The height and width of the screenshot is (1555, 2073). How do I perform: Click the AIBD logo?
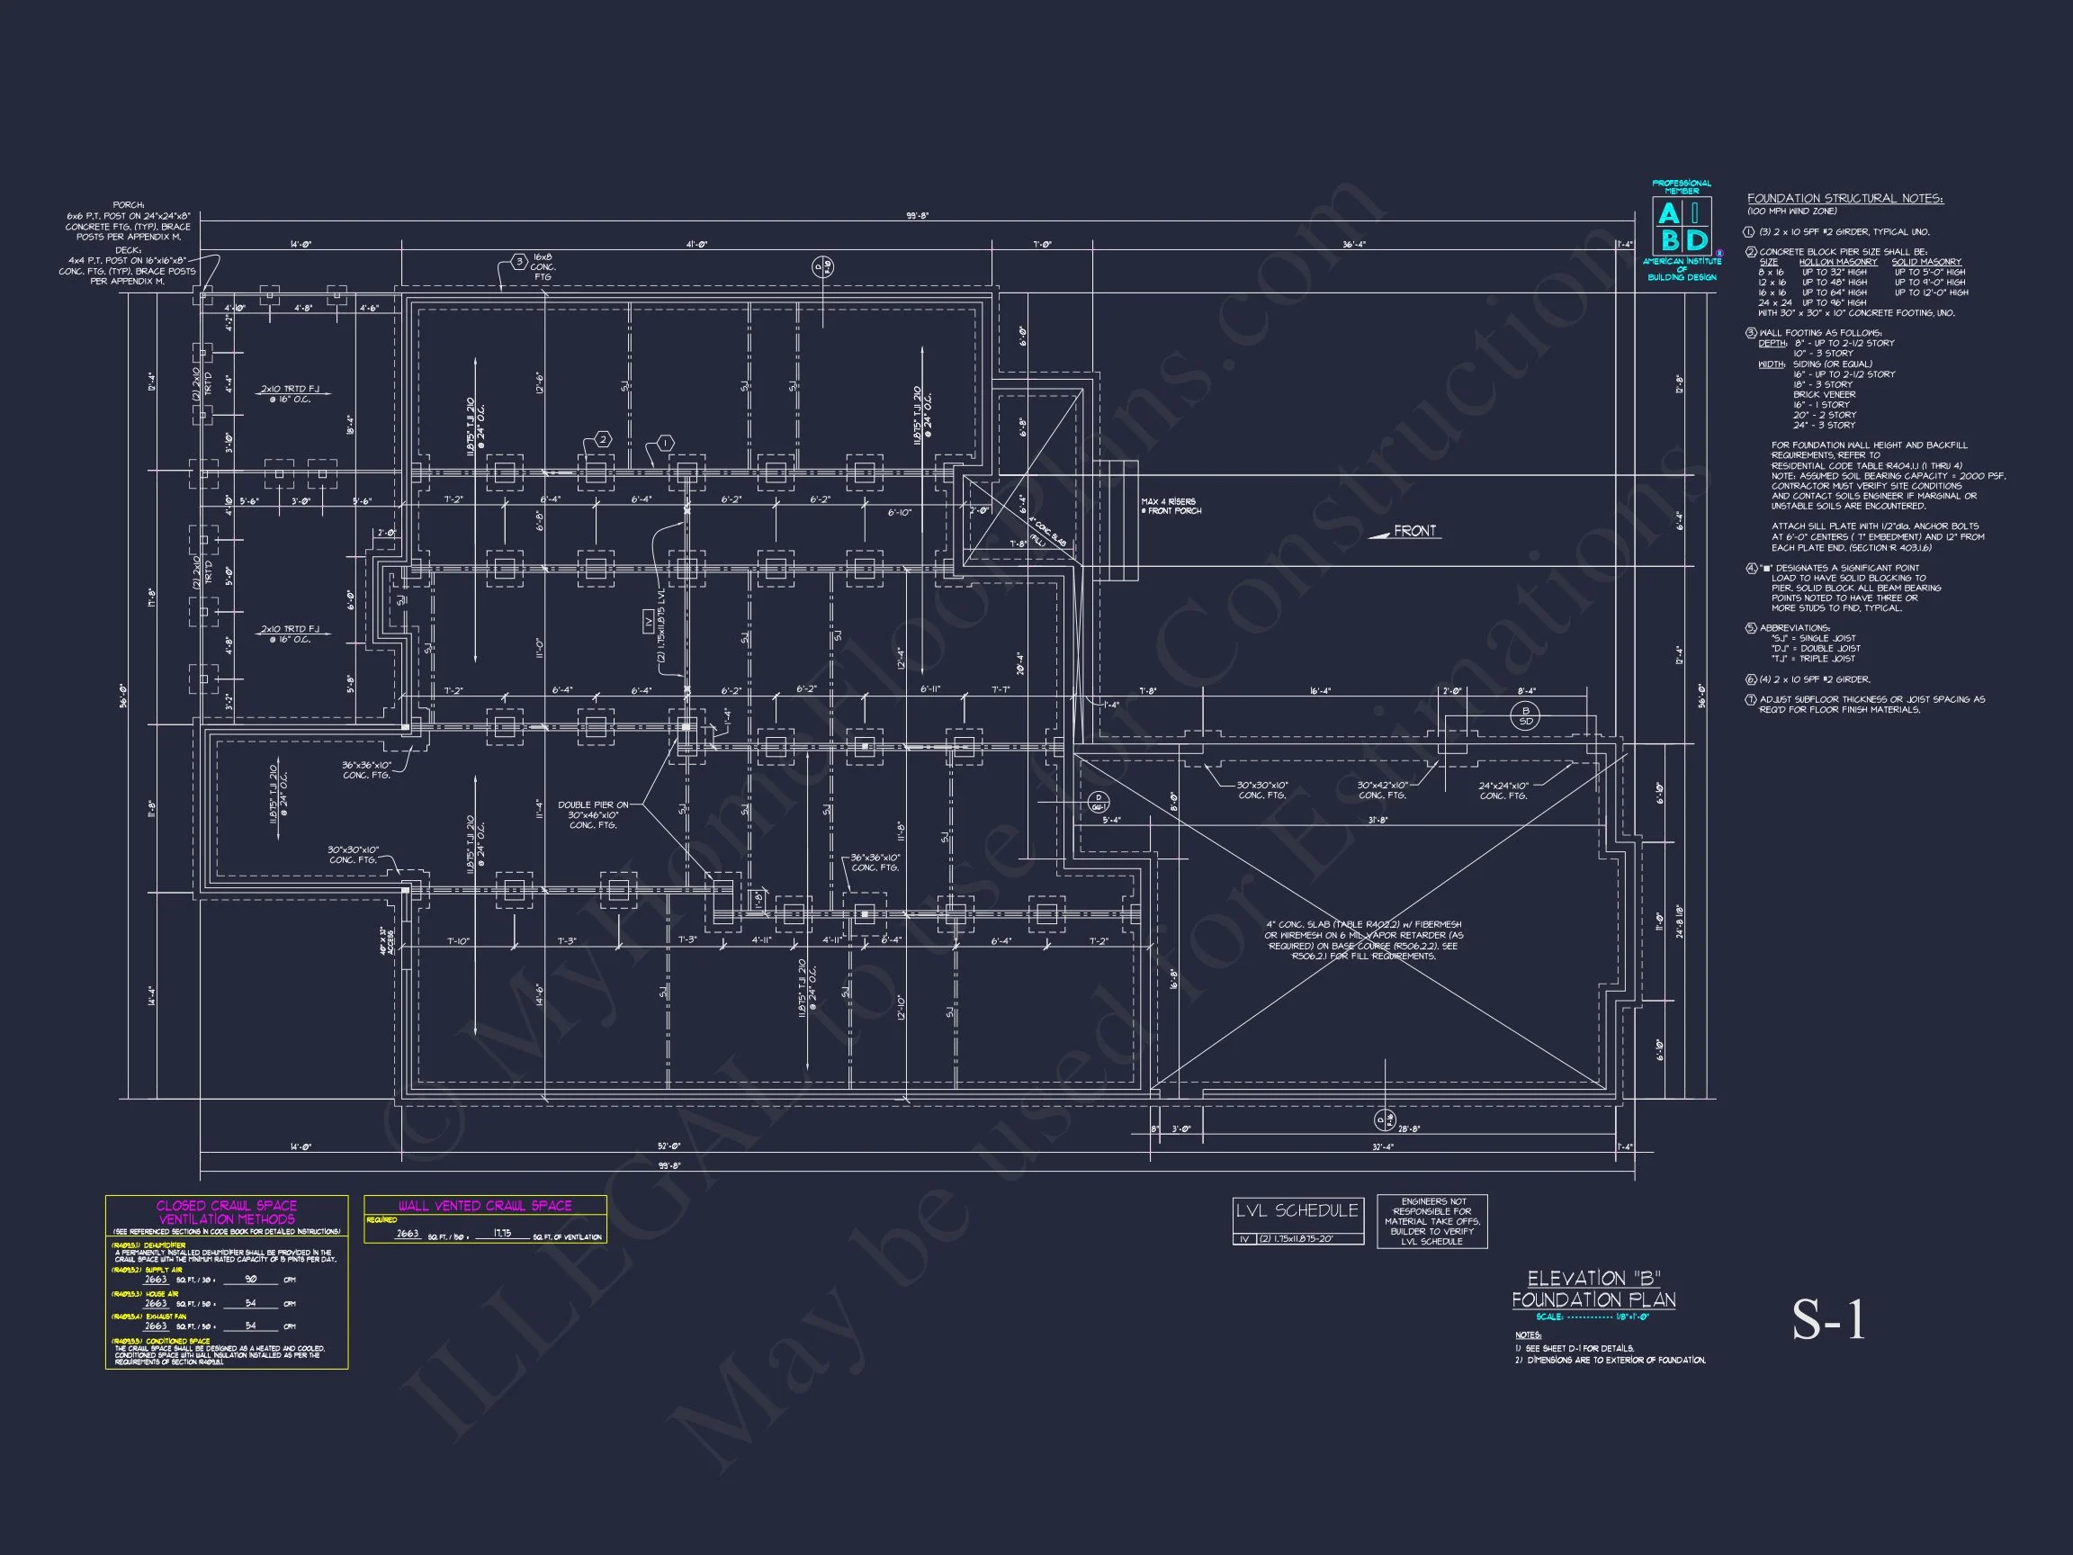[x=1683, y=227]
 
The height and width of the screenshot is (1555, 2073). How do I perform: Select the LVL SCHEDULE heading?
[x=1297, y=1211]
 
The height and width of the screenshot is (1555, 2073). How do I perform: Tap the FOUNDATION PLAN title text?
[x=1593, y=1300]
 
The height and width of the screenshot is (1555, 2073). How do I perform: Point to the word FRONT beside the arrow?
[x=1414, y=532]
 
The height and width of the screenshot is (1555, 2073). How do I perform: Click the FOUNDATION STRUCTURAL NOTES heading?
[x=1845, y=199]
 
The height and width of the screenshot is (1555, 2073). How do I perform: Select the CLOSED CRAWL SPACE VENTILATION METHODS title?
[x=226, y=1212]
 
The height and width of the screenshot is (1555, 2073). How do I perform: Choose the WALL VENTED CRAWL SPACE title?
[x=485, y=1205]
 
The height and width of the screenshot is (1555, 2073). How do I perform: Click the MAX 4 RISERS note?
[x=1171, y=506]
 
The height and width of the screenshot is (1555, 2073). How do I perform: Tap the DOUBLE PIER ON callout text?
[x=593, y=804]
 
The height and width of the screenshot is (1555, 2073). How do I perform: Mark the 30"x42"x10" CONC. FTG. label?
[x=1382, y=790]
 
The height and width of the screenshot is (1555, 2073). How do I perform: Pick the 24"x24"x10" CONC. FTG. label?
[x=1503, y=791]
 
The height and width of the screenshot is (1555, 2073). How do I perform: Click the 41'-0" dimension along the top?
[x=696, y=245]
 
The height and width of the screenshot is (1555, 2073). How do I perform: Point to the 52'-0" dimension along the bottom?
[x=669, y=1146]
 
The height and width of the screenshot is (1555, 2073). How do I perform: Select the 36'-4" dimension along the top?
[x=1353, y=245]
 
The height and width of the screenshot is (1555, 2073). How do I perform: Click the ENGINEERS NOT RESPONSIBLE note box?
[x=1432, y=1221]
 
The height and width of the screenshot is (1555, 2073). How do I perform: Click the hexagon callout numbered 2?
[x=604, y=440]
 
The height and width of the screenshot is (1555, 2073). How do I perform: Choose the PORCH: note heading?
[x=129, y=205]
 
